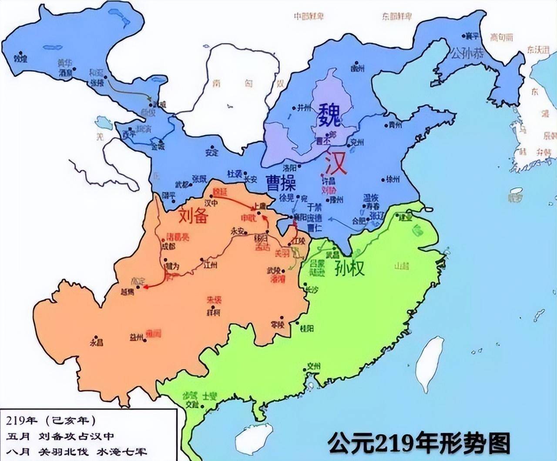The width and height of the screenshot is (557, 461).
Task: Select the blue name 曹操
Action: [x=281, y=183]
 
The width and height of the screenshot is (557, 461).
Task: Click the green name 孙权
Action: [x=349, y=269]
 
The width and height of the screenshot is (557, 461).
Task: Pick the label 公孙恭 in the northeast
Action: [x=466, y=54]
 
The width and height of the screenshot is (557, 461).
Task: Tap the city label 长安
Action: [x=251, y=179]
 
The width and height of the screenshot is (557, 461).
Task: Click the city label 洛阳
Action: [x=289, y=167]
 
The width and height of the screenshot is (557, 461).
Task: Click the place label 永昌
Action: [x=97, y=342]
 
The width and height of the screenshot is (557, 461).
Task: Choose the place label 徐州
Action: [x=393, y=179]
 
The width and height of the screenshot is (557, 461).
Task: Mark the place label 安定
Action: [x=211, y=153]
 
